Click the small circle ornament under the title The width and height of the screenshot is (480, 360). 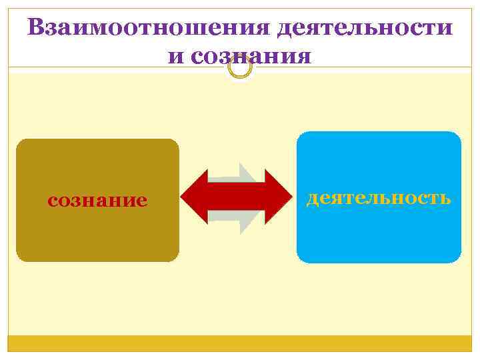click(x=240, y=67)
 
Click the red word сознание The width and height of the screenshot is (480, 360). click(x=97, y=200)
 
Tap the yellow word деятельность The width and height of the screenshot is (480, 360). click(x=379, y=198)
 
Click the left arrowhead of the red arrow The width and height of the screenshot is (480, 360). click(x=195, y=198)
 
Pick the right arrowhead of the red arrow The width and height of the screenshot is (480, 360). click(x=280, y=198)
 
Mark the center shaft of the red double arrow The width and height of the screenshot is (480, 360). click(x=237, y=198)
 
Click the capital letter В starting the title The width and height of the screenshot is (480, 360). click(x=37, y=28)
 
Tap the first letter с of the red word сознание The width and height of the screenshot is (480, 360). click(x=52, y=201)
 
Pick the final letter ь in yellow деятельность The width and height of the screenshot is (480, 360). click(x=445, y=198)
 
